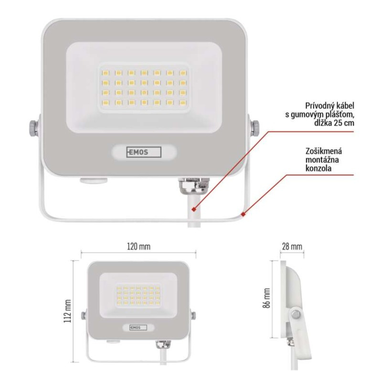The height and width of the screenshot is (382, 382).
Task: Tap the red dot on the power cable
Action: pyautogui.click(x=193, y=209)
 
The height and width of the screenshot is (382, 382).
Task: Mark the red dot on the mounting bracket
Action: pyautogui.click(x=244, y=214)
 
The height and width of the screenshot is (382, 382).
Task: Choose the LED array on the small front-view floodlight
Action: pyautogui.click(x=138, y=296)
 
